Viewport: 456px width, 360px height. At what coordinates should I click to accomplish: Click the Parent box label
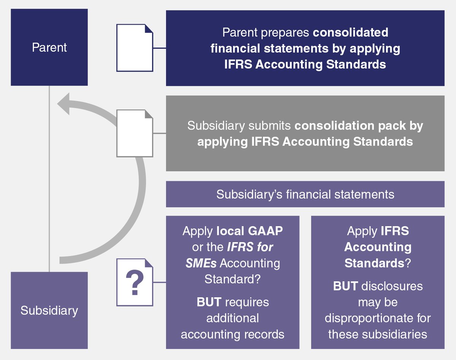pos(49,48)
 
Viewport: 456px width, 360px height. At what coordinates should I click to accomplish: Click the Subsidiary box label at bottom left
pos(49,311)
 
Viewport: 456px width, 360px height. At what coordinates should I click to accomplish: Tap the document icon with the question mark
pos(135,282)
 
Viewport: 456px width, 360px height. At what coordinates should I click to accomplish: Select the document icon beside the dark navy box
pos(135,48)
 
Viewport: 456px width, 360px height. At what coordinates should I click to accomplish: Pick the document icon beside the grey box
pos(135,133)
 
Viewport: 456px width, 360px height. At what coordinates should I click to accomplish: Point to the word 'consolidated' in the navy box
pos(350,32)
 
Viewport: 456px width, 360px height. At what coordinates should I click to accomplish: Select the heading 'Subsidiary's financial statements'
pos(305,194)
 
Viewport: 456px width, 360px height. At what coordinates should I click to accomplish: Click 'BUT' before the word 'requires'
pos(209,302)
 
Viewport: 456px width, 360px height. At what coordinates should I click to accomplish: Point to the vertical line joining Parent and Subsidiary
pos(49,179)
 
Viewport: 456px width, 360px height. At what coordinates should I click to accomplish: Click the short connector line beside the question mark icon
pos(160,282)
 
